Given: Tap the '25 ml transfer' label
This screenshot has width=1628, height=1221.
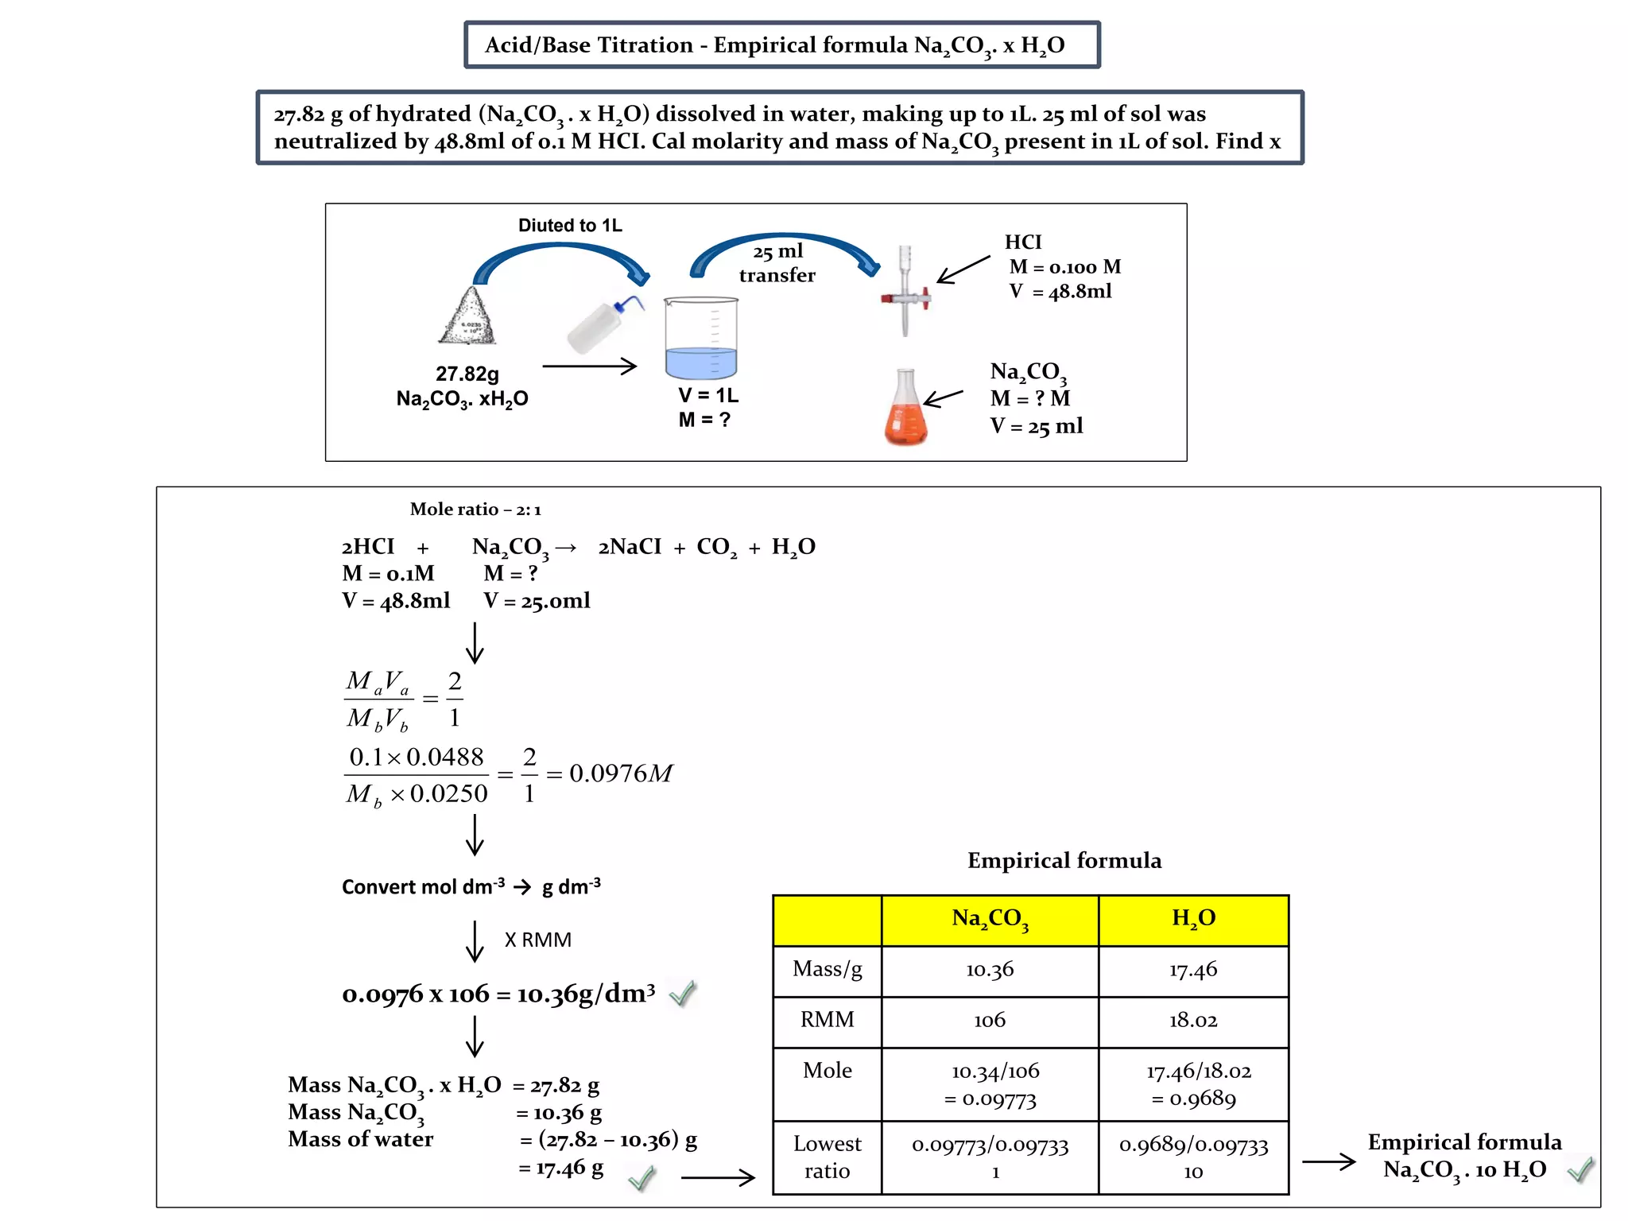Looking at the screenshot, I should [x=777, y=263].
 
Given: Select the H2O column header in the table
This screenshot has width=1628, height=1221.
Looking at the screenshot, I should [x=1193, y=919].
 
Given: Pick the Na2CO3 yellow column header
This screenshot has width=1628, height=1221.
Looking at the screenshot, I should [x=990, y=919].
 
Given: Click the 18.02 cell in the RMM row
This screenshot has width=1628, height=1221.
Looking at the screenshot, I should [x=1193, y=1021].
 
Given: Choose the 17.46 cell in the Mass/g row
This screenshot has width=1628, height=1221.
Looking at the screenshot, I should [x=1193, y=970].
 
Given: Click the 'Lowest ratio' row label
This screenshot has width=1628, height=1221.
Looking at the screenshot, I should [x=827, y=1157].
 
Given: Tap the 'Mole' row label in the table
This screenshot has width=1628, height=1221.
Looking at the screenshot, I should [x=827, y=1071].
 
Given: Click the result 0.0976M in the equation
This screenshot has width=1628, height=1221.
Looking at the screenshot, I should [x=621, y=773].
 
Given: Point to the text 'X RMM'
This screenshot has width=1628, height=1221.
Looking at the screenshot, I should [x=538, y=940].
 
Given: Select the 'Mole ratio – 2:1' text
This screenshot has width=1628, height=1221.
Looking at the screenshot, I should [x=475, y=510].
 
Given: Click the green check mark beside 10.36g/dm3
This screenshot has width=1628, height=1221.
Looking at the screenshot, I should [x=683, y=993].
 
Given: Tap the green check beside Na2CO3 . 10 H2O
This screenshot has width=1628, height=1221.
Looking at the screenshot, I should [x=1580, y=1169].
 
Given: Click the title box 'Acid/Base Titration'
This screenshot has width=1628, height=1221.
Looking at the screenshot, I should [x=781, y=45].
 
